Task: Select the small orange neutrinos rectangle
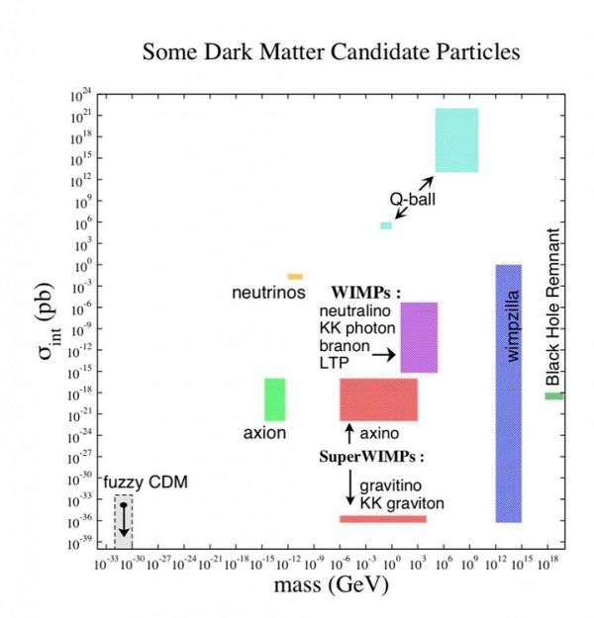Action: (295, 276)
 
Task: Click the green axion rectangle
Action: (274, 398)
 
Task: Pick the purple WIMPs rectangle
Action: (419, 337)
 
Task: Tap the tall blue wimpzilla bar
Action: (508, 393)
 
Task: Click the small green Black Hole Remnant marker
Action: (553, 396)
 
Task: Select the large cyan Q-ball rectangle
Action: (456, 139)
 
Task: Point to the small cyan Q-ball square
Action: (386, 225)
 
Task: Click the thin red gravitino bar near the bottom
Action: (382, 518)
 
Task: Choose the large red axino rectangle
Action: (378, 398)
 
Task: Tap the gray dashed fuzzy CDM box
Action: (123, 521)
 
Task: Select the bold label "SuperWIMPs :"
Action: (371, 458)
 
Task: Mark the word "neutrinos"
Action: (267, 293)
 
